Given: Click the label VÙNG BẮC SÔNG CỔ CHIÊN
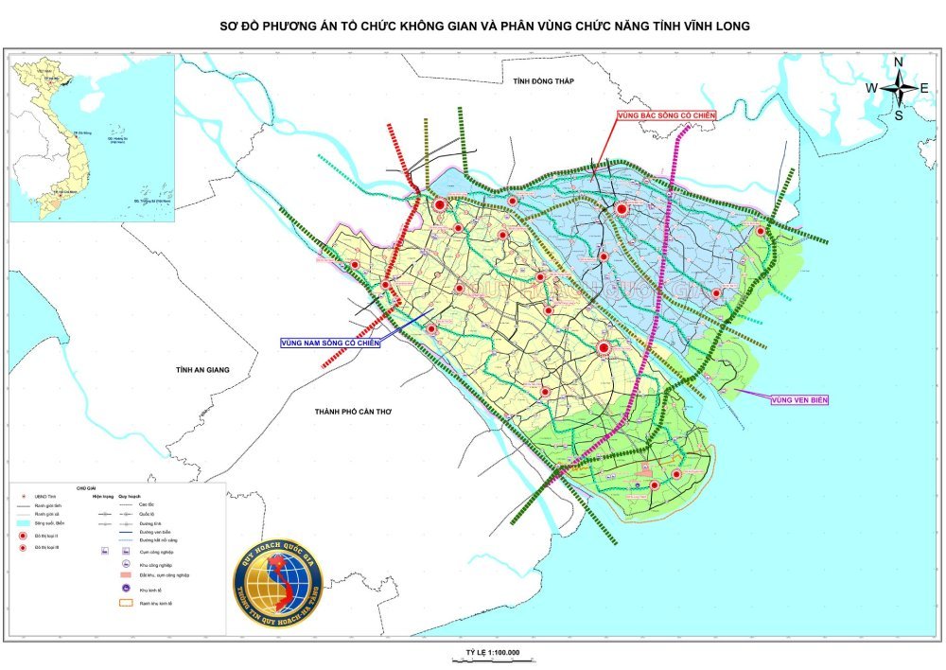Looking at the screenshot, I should [x=665, y=115].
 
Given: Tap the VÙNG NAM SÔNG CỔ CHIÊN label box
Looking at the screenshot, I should [x=330, y=343].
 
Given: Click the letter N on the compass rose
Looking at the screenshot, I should [x=899, y=62].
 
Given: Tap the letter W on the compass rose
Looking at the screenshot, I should [x=871, y=88].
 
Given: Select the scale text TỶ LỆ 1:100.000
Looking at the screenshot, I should [x=493, y=653].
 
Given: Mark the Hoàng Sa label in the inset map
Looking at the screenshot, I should [x=117, y=138].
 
